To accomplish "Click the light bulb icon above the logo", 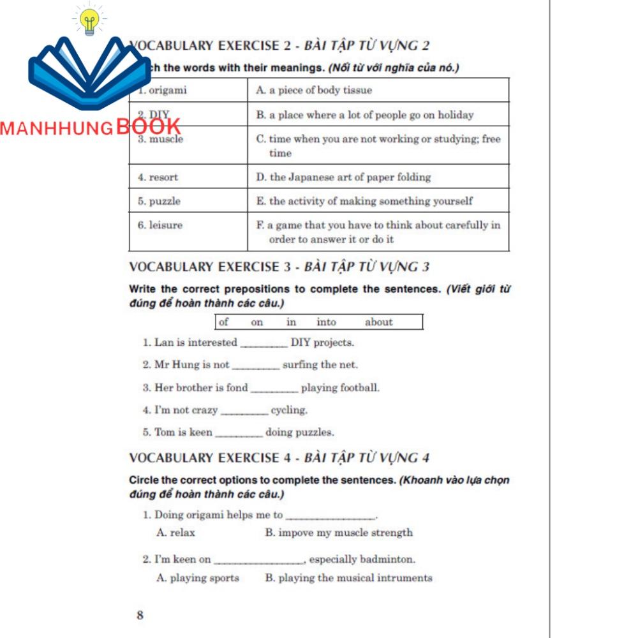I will pyautogui.click(x=89, y=21).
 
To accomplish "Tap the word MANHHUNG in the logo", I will pyautogui.click(x=57, y=128).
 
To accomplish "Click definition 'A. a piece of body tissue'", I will pyautogui.click(x=314, y=91).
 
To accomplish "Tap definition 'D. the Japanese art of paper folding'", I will pyautogui.click(x=343, y=177).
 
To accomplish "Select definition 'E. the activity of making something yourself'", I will pyautogui.click(x=364, y=202).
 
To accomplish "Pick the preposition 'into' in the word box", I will pyautogui.click(x=326, y=322).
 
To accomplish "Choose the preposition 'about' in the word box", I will pyautogui.click(x=379, y=322).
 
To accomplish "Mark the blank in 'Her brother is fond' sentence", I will pyautogui.click(x=274, y=389).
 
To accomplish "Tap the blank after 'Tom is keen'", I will pyautogui.click(x=239, y=433).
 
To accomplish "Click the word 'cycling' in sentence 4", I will pyautogui.click(x=289, y=410).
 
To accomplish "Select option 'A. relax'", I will pyautogui.click(x=176, y=533).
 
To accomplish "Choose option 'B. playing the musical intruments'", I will pyautogui.click(x=348, y=578).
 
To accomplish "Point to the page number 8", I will pyautogui.click(x=140, y=615).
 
